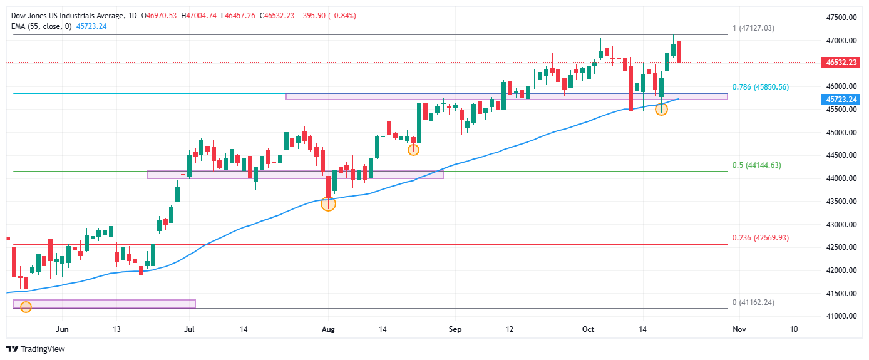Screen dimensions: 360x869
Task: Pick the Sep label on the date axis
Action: click(x=456, y=329)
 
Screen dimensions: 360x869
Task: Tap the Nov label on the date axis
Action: click(x=739, y=329)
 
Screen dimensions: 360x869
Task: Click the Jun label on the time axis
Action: click(x=61, y=329)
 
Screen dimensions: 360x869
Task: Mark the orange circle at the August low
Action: click(x=328, y=204)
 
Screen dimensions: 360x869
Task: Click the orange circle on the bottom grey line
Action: click(x=26, y=307)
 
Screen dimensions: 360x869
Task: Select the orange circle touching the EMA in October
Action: click(x=661, y=109)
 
